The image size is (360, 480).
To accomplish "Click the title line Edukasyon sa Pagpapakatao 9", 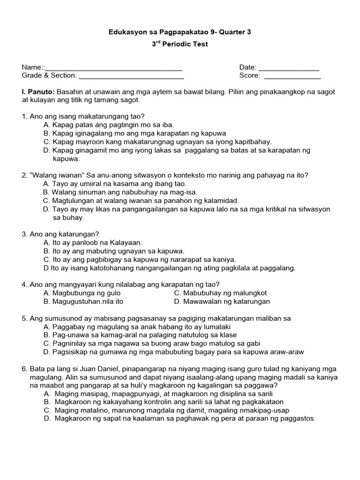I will (x=180, y=32).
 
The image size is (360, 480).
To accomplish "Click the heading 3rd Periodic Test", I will (x=180, y=44).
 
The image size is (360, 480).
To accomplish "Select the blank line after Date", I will (x=289, y=68).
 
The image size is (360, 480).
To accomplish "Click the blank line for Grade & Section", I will (x=131, y=76).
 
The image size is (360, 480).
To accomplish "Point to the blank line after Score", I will (x=292, y=76).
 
